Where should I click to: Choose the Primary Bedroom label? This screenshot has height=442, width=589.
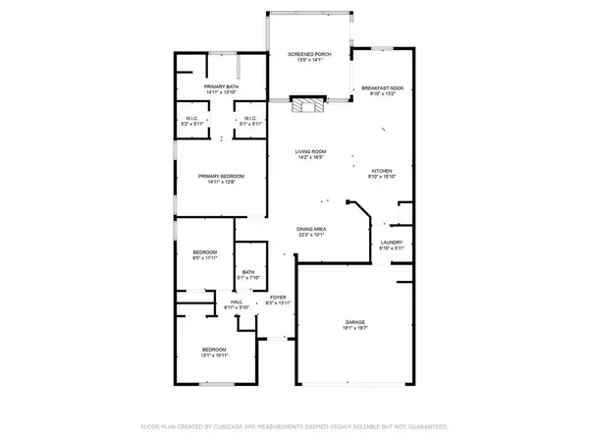220,176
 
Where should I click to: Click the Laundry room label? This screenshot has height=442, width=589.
392,242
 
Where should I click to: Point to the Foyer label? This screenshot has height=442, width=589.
279,297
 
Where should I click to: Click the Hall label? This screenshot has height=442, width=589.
236,303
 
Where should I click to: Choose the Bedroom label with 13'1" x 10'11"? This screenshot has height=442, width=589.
214,350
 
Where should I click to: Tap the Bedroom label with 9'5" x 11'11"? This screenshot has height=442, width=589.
204,253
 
